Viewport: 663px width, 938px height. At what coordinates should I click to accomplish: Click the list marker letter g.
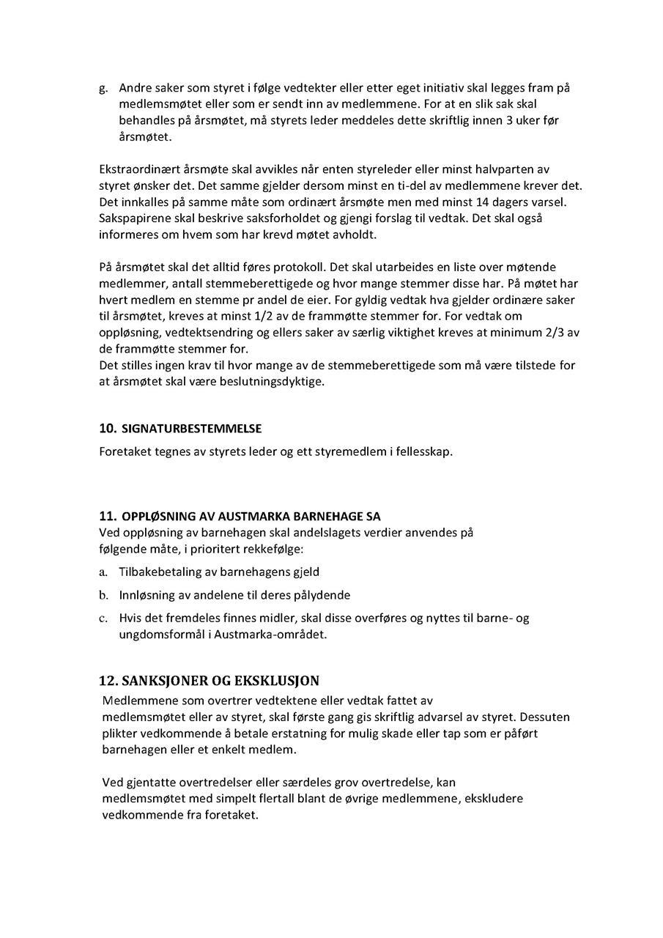tap(103, 89)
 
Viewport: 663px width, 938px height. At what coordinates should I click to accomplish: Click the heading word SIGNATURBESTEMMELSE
tap(191, 429)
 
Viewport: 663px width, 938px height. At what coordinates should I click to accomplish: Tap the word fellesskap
tap(424, 451)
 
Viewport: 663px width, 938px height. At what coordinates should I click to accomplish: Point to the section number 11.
tap(108, 516)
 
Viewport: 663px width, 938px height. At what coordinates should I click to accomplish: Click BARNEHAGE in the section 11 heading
tap(330, 517)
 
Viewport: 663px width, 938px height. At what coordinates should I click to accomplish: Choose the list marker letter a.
tap(103, 572)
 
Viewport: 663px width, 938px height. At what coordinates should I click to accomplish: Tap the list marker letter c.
tap(103, 618)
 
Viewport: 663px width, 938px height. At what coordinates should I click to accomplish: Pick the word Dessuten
tap(546, 717)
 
